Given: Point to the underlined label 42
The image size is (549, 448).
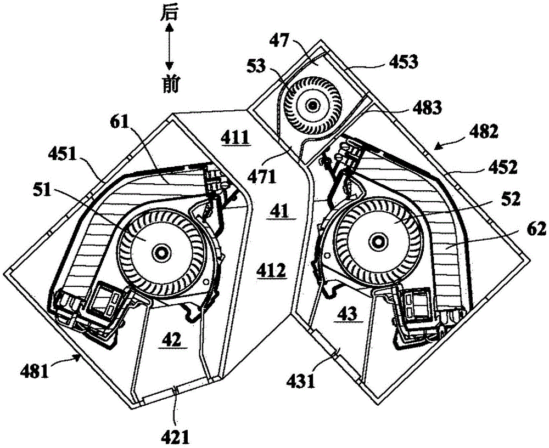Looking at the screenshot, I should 171,339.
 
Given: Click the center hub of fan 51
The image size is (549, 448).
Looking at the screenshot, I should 161,252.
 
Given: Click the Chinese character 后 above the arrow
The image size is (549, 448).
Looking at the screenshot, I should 169,13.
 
